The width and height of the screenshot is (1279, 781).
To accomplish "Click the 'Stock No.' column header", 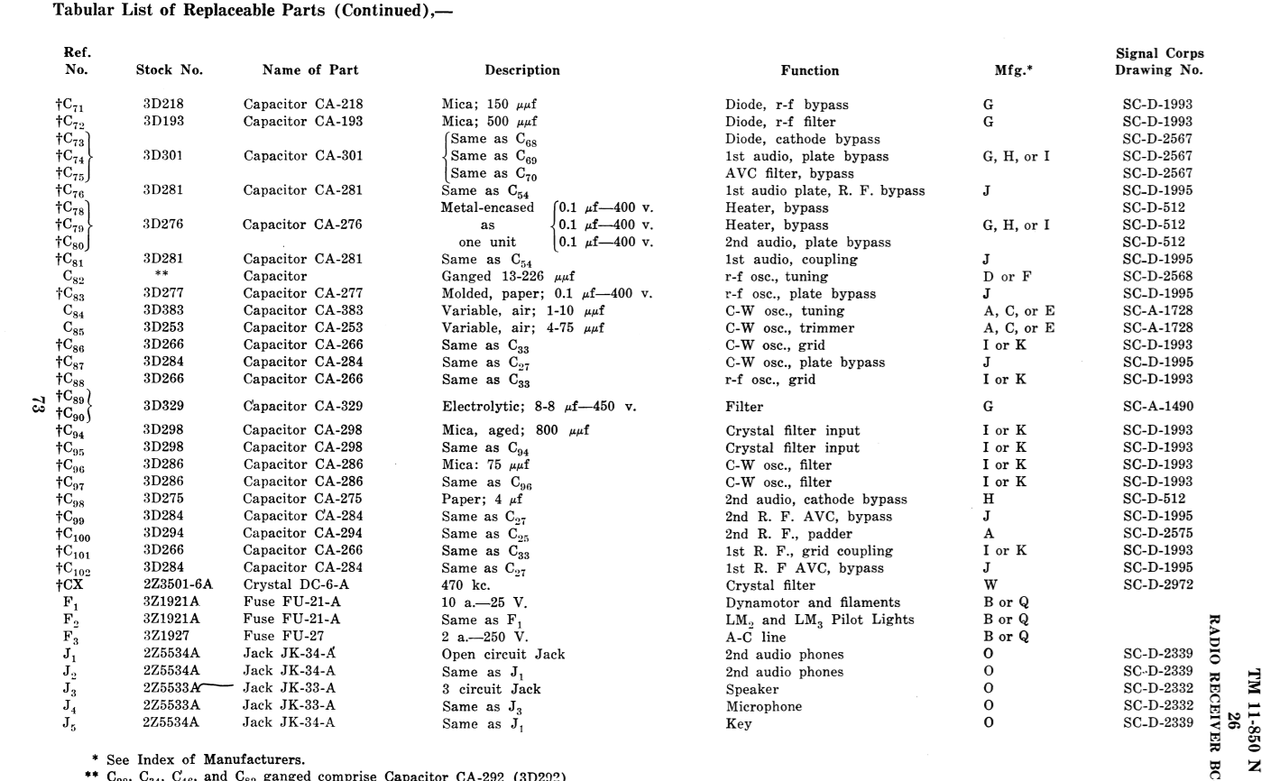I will tap(169, 70).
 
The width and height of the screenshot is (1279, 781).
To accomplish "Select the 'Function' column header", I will tap(809, 70).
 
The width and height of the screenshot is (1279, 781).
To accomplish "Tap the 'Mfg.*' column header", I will tap(1013, 70).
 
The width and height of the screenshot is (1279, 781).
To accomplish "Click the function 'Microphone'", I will tap(763, 706).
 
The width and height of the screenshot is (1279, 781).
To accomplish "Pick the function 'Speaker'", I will tap(752, 689).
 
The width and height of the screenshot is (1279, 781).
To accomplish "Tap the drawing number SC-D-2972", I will tap(1157, 585).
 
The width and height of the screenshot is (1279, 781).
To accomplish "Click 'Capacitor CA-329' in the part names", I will tap(302, 406).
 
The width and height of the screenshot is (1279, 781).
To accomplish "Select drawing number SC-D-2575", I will tap(1157, 534).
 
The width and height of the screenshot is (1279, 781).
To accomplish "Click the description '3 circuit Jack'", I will tap(491, 689).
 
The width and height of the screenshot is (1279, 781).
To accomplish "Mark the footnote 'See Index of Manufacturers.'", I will tap(204, 760).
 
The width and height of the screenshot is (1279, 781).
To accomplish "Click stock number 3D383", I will tap(163, 311).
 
